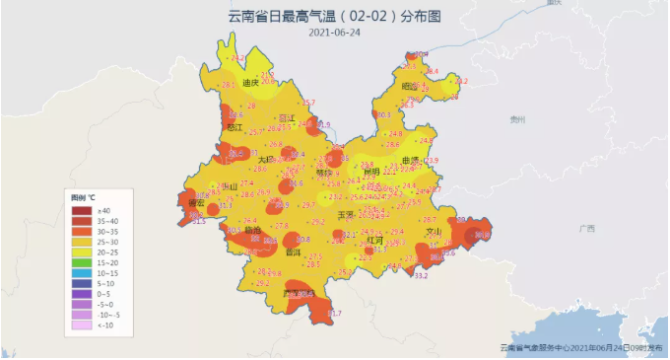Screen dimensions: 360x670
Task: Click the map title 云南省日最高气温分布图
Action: (x=334, y=16)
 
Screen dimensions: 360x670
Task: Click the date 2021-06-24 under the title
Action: (x=334, y=33)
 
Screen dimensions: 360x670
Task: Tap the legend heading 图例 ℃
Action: (x=83, y=199)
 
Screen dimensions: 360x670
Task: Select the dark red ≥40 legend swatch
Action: (x=81, y=211)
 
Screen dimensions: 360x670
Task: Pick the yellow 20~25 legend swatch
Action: (x=81, y=251)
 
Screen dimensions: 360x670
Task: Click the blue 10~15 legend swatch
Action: (x=81, y=272)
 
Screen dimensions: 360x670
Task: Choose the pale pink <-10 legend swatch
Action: (x=81, y=324)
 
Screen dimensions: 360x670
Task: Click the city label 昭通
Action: (x=409, y=87)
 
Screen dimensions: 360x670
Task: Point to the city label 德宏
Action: (x=196, y=203)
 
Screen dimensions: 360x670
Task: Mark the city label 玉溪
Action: (x=346, y=214)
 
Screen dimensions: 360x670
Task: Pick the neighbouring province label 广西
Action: (x=586, y=228)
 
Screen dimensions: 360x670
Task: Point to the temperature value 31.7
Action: (x=336, y=313)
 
